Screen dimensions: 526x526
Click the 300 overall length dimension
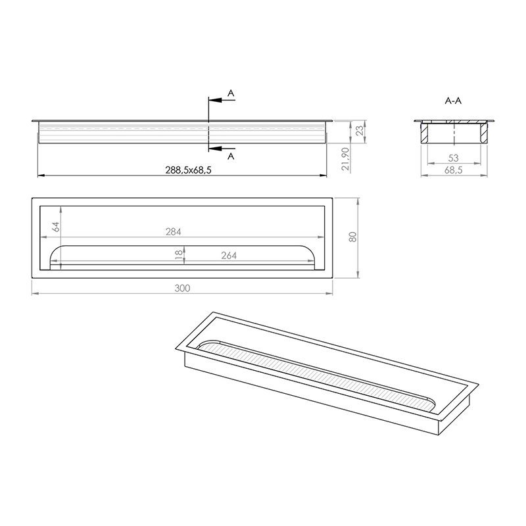click(x=182, y=288)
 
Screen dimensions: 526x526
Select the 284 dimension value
click(x=174, y=232)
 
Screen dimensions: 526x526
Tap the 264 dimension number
click(x=229, y=256)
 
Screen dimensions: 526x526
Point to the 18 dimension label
click(x=179, y=253)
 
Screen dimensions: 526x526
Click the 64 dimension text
click(x=56, y=227)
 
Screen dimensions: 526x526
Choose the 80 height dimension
click(x=352, y=237)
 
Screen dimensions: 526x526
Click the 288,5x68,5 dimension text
click(x=188, y=170)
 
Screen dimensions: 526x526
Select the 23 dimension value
click(x=359, y=130)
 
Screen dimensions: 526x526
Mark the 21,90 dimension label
click(x=346, y=159)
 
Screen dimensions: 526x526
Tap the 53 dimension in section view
click(x=453, y=158)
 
